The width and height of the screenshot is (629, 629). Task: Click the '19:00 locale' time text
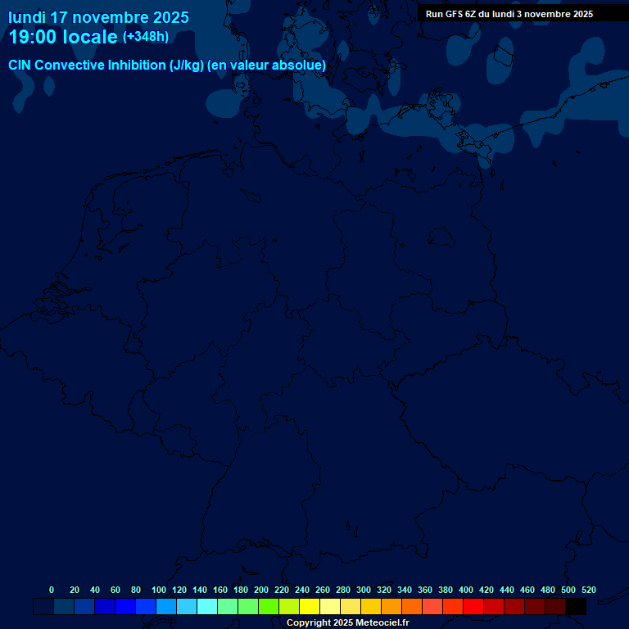(63, 37)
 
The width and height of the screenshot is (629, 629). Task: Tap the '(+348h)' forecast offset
(145, 37)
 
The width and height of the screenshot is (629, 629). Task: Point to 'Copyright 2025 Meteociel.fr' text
(347, 623)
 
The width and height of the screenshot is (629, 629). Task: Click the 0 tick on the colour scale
(52, 590)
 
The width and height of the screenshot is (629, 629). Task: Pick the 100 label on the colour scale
(159, 590)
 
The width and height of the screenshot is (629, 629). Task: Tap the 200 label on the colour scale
(261, 590)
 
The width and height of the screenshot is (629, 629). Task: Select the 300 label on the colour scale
(364, 590)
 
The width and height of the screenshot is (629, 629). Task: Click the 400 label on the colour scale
(466, 590)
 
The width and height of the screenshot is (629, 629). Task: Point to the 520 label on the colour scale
(588, 590)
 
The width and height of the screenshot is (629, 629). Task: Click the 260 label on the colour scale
(323, 590)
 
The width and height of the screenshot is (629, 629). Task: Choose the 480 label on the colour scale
(548, 590)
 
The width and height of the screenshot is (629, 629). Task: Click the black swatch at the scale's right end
(576, 607)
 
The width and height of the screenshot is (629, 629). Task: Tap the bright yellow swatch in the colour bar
(310, 607)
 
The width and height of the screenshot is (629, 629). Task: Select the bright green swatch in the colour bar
(269, 607)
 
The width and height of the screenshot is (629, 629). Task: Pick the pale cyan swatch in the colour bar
(207, 607)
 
